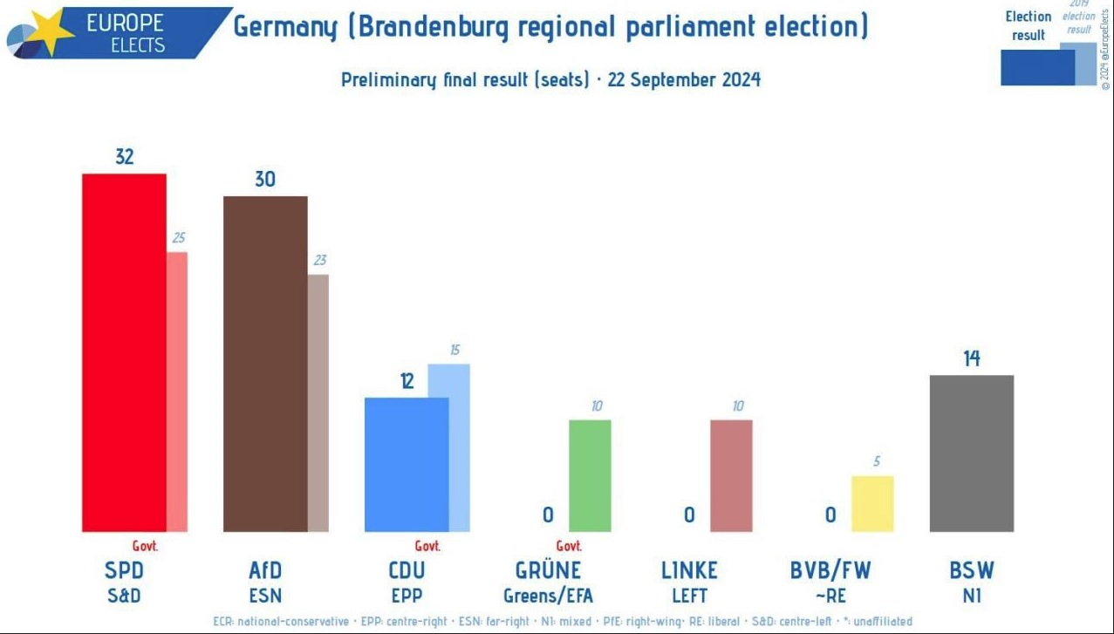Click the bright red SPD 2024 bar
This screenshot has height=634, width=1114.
124,352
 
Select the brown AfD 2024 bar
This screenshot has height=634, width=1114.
265,364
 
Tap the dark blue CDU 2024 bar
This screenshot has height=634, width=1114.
407,464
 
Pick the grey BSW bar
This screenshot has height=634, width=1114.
971,453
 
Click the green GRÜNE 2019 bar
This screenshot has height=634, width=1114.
590,475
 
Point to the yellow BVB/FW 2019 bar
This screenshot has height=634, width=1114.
872,503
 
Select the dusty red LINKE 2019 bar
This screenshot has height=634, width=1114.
731,475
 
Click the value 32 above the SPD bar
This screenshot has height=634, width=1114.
124,157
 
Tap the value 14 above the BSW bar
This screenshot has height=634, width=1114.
971,358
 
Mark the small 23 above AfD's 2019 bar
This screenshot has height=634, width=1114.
319,260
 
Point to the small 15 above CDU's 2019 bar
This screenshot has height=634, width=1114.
454,350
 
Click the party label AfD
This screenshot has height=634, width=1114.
265,570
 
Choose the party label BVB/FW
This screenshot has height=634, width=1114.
830,570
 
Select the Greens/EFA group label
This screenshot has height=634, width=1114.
548,597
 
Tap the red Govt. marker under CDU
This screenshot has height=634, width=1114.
427,546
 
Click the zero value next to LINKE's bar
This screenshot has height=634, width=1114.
689,515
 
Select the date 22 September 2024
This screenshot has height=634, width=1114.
684,80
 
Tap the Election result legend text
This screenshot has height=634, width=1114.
1029,26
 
